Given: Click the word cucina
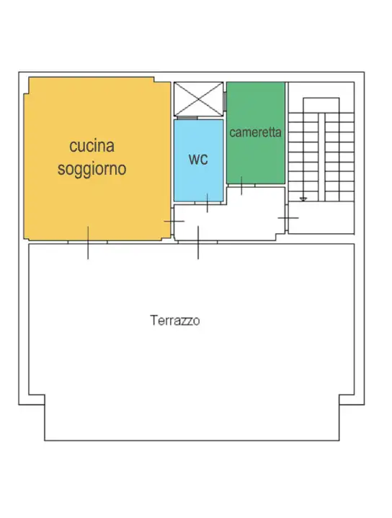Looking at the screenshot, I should (x=92, y=146).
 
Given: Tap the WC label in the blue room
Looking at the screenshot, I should (x=198, y=160).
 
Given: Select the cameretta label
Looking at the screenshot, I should (x=256, y=133).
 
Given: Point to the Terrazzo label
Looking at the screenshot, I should (x=175, y=321).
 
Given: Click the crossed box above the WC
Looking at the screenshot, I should (x=198, y=99).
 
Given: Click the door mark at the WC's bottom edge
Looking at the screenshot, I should (x=208, y=202).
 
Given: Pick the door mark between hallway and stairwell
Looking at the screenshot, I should (x=288, y=217).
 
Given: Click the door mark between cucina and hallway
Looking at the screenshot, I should (x=174, y=221).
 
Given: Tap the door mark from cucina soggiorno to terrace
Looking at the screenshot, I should (x=88, y=242).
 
